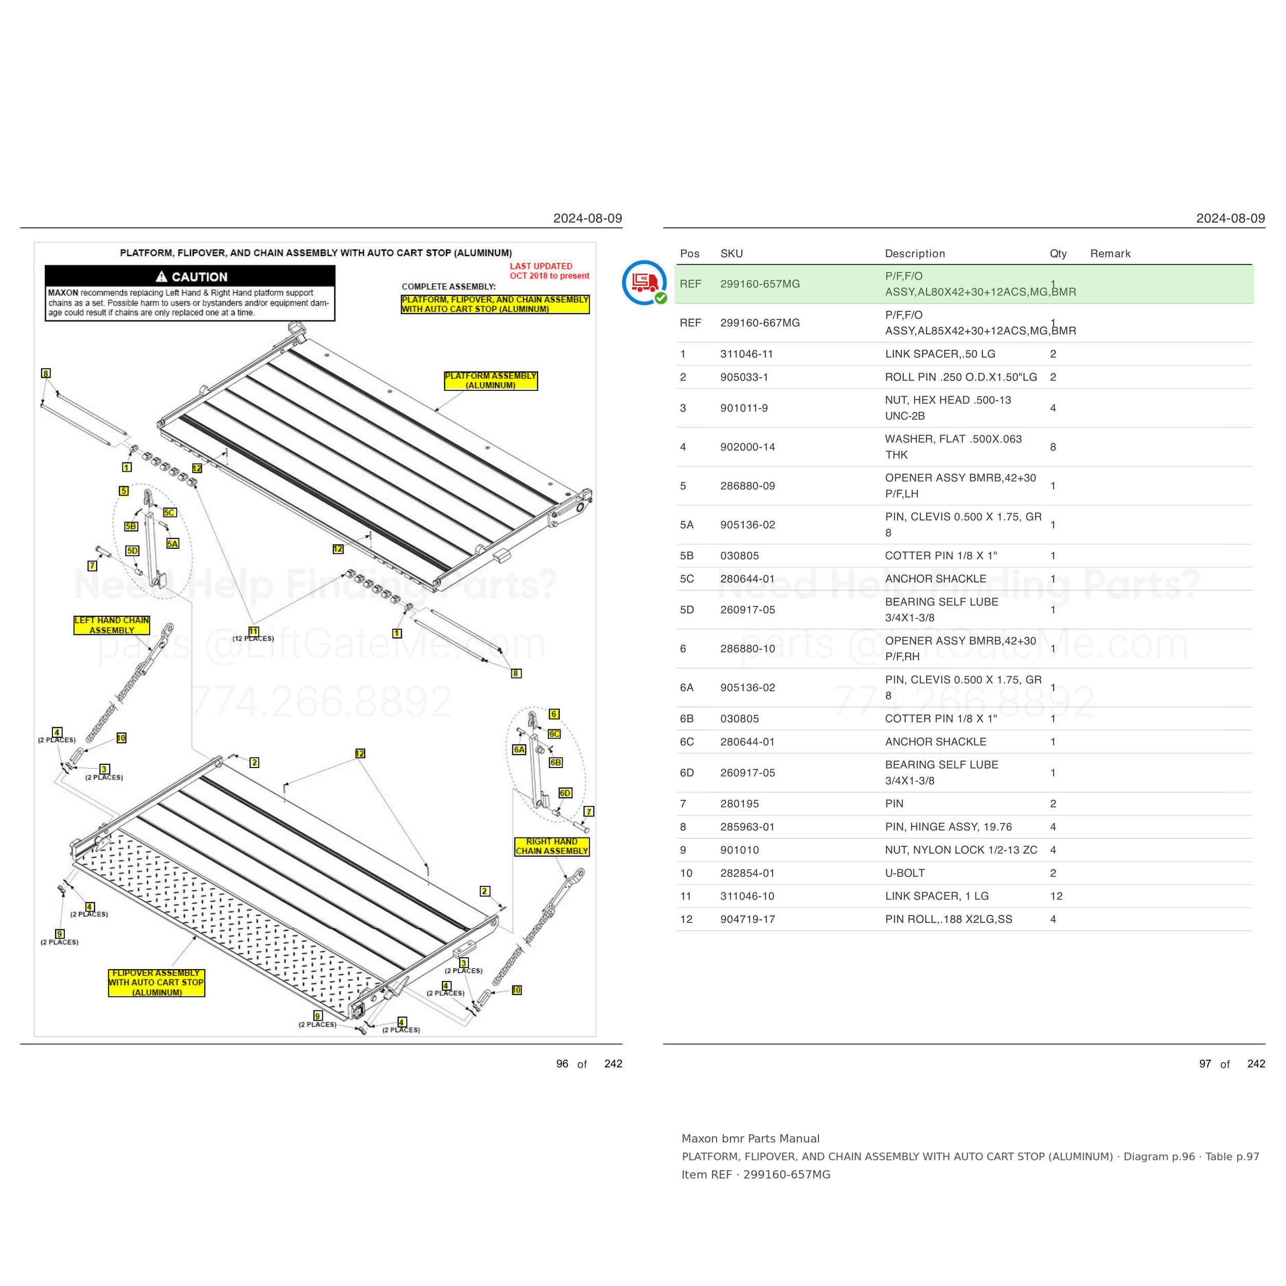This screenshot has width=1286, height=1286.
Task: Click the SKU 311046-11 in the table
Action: pyautogui.click(x=746, y=354)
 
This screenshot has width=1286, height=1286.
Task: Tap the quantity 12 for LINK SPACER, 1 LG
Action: pyautogui.click(x=1057, y=896)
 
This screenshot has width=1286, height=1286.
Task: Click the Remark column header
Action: pyautogui.click(x=1110, y=254)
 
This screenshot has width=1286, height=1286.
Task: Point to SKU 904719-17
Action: pyautogui.click(x=747, y=919)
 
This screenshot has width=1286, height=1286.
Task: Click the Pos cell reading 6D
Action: pyautogui.click(x=687, y=773)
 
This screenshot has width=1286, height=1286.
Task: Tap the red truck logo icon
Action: pyautogui.click(x=645, y=282)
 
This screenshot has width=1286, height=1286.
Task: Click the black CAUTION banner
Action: pyautogui.click(x=190, y=277)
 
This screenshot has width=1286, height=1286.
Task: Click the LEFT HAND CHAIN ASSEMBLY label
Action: pyautogui.click(x=112, y=625)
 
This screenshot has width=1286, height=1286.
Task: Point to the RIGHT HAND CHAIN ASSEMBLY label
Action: pyautogui.click(x=552, y=846)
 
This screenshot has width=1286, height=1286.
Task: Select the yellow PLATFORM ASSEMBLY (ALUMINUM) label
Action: pyautogui.click(x=491, y=381)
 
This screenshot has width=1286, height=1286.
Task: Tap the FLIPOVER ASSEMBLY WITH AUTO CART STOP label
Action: pyautogui.click(x=156, y=983)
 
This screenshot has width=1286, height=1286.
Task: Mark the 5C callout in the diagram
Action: pyautogui.click(x=170, y=512)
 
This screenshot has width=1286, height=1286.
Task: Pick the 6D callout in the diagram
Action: pyautogui.click(x=565, y=793)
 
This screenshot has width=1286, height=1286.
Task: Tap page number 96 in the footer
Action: pyautogui.click(x=562, y=1064)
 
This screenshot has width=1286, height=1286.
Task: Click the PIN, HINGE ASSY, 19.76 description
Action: pyautogui.click(x=948, y=827)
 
